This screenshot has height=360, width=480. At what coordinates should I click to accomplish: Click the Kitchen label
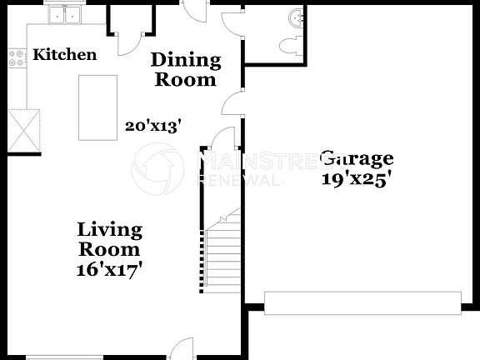coord(64,55)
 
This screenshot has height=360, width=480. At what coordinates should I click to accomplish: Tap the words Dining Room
coord(185,70)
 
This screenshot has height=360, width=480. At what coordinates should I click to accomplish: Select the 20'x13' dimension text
coord(153,126)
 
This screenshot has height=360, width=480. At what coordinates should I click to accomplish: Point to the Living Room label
coord(109,239)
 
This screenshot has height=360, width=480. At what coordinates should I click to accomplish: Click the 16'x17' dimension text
coord(109,269)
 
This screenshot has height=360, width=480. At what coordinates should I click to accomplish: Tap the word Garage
coord(357,158)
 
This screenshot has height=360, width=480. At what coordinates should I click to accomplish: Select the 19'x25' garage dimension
coord(357,178)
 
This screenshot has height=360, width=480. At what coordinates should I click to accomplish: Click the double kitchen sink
coord(66,14)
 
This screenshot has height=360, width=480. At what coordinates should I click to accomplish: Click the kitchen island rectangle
coord(97,107)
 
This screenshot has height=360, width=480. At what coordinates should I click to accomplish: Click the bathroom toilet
coord(290,46)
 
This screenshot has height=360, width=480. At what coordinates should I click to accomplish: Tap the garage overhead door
coord(362,302)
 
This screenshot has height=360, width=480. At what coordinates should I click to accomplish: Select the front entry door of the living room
coord(182,349)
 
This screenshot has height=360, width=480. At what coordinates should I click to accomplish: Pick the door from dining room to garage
coord(232,103)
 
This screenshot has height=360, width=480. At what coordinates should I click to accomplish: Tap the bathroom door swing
coord(233,24)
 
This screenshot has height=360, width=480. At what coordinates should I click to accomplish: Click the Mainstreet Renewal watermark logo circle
coord(157,168)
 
